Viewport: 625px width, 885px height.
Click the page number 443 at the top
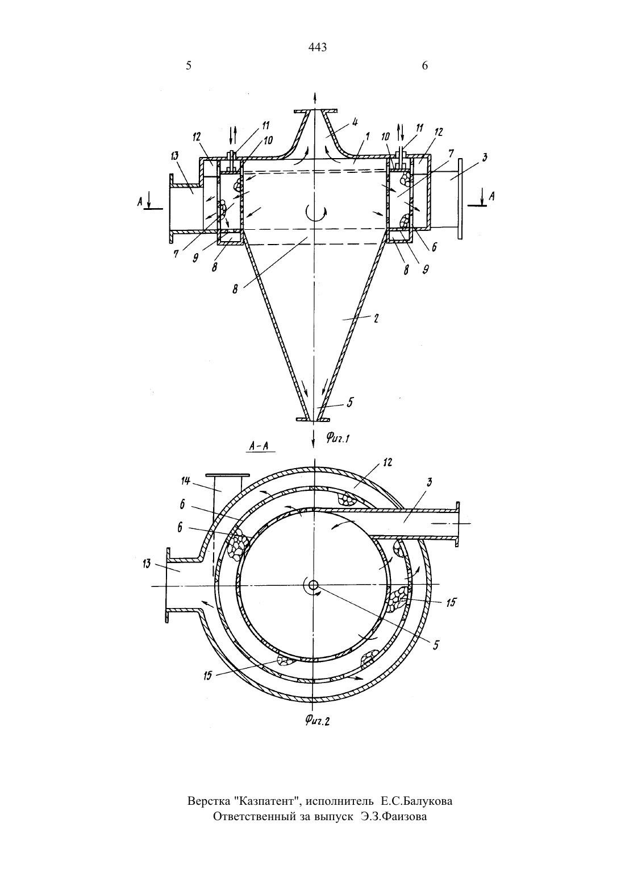(318, 47)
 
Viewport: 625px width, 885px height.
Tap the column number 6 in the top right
(424, 65)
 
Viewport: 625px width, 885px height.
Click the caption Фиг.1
(338, 437)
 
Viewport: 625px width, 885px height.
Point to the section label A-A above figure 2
(259, 446)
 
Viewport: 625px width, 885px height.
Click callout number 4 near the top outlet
(355, 122)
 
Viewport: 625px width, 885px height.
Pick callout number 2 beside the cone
(376, 319)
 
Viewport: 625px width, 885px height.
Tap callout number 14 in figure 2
(186, 481)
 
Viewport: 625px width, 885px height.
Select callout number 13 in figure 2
(147, 564)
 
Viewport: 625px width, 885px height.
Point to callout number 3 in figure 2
(430, 482)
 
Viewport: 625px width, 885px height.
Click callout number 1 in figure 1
(368, 137)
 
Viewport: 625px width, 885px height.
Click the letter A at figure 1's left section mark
(139, 202)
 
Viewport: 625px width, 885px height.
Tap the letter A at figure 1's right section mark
(491, 196)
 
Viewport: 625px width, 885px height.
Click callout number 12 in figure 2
(388, 462)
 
